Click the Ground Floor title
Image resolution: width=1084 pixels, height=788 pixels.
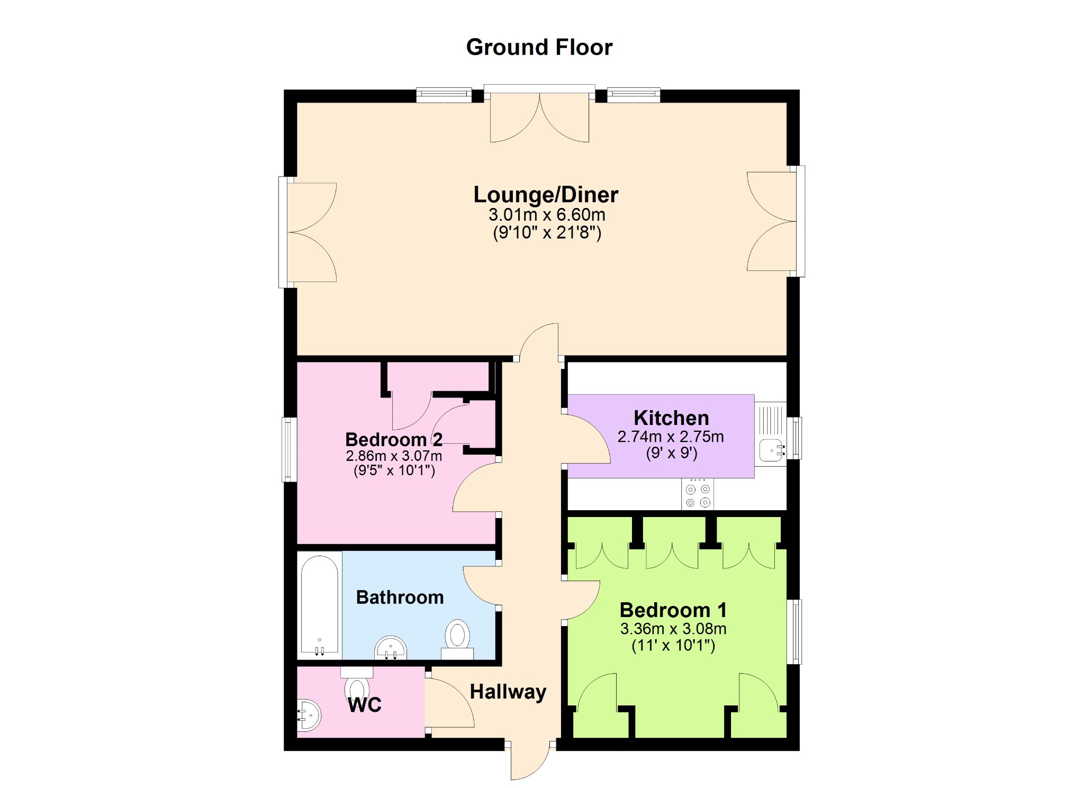[x=539, y=47]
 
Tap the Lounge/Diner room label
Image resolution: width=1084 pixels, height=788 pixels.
[x=546, y=194]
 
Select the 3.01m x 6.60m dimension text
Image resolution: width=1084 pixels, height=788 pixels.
[x=547, y=215]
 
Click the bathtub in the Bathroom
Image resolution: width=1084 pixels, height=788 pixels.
[x=319, y=605]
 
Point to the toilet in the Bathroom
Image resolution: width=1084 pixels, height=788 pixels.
[x=458, y=639]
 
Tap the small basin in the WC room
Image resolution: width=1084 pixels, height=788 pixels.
[x=309, y=715]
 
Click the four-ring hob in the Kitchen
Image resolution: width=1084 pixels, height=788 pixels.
[x=698, y=494]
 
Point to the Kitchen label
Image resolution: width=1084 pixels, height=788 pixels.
[x=671, y=418]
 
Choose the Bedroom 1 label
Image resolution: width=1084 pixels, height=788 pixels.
[x=673, y=610]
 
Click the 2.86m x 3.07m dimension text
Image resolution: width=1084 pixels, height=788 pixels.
[x=394, y=456]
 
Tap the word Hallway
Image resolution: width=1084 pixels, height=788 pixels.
[x=508, y=692]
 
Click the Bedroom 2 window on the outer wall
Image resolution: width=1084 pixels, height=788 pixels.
[x=289, y=449]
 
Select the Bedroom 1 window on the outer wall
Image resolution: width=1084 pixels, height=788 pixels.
[x=794, y=631]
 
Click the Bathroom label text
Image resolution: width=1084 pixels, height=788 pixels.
[x=400, y=597]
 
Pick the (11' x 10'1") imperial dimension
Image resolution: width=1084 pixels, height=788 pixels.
[x=673, y=646]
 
